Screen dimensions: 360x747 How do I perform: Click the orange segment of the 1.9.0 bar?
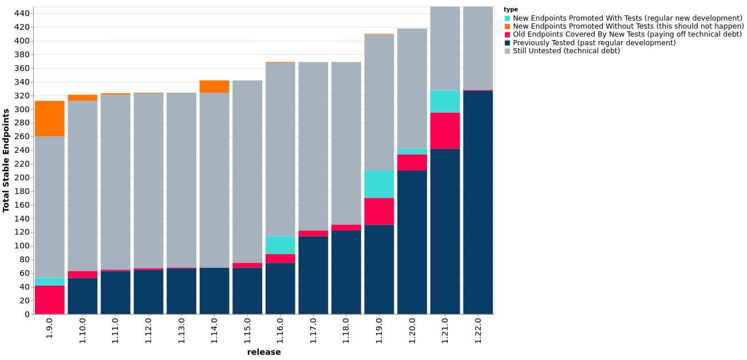coord(50,118)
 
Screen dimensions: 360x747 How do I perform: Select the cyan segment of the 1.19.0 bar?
coord(379,184)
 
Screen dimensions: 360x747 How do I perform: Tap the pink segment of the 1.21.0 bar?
coord(445,130)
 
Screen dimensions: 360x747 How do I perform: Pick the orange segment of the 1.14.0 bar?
coord(214,86)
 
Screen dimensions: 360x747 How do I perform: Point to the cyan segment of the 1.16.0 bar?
coord(280,245)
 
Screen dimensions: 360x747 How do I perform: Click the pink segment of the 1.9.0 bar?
coord(50,299)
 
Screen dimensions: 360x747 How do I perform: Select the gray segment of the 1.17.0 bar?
coord(313,146)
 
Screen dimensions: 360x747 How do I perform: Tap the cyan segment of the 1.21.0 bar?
coord(445,101)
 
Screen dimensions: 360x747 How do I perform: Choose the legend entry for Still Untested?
coord(566,51)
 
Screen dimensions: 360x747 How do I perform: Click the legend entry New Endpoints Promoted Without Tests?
coord(628,26)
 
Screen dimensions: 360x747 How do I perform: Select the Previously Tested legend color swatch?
coord(507,43)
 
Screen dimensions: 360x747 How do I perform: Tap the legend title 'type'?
coord(511,10)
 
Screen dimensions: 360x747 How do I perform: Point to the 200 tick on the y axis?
coord(22,177)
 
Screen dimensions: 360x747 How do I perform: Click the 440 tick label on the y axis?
coord(22,13)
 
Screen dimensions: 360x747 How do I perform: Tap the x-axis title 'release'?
coord(264,352)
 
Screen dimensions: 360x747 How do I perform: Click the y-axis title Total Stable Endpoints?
coord(6,160)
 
